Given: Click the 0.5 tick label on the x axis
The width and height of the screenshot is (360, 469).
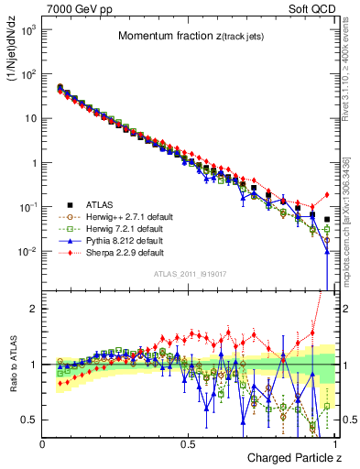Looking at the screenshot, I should [188, 443].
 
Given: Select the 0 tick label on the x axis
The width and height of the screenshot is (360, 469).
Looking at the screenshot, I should [43, 443].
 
